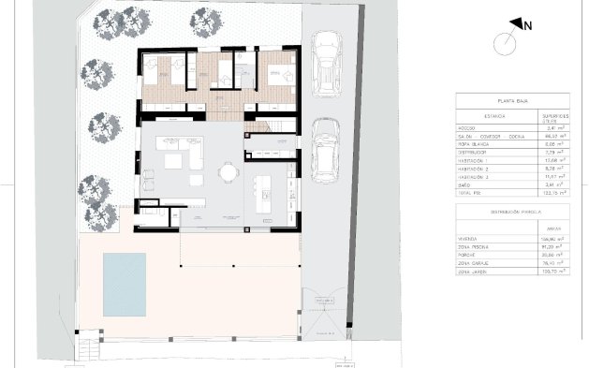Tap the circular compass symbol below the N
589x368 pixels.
coord(507,42)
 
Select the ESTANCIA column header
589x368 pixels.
coord(476,118)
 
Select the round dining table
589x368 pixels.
coord(228,171)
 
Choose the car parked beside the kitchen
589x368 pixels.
coord(324,150)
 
